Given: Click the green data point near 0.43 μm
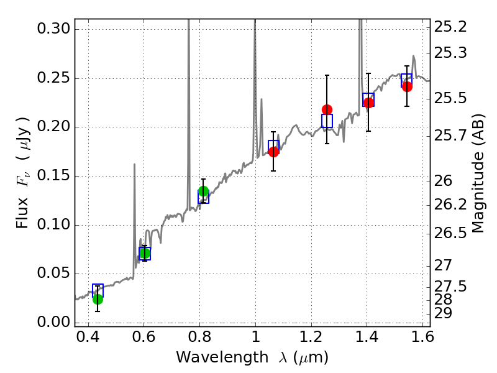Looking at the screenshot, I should (98, 299).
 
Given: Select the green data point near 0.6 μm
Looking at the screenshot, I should (145, 253).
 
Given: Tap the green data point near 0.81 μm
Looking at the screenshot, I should (203, 191).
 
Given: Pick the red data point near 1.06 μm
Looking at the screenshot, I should (273, 152).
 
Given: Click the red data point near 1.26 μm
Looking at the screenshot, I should (327, 110).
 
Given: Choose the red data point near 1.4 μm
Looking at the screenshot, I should (368, 103).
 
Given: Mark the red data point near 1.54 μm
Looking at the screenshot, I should (407, 86).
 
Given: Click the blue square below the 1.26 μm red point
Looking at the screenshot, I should (327, 121).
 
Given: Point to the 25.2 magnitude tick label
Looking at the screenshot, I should (450, 27).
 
